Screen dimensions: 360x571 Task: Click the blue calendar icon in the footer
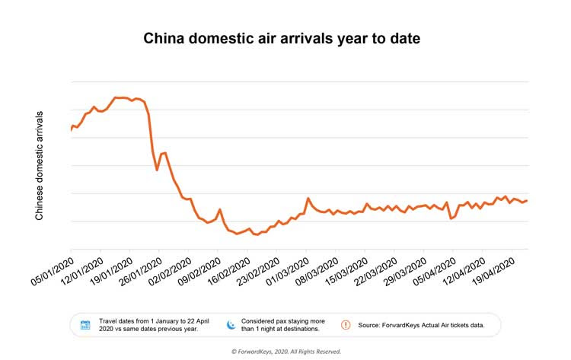click(85, 325)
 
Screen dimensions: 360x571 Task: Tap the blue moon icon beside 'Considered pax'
click(229, 325)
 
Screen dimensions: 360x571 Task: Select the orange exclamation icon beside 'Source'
click(346, 325)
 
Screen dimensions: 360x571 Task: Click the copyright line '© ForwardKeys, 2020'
click(285, 352)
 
